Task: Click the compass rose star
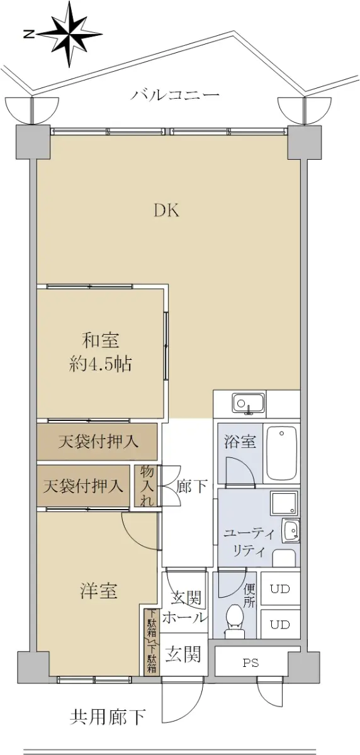pos(70,34)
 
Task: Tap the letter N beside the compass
pos(30,34)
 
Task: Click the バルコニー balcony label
pos(176,96)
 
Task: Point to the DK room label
pos(167,211)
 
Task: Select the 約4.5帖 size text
pos(101,364)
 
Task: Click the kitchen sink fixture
pos(248,403)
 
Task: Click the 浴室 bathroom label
pos(240,441)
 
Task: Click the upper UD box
pos(280,589)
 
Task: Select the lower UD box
pos(280,625)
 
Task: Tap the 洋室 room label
pos(99,591)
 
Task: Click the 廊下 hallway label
pos(192,486)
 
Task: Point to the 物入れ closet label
pos(147,486)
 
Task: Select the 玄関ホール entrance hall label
pos(184,608)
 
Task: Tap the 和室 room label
pos(101,340)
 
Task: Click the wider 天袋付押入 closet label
pos(98,442)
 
